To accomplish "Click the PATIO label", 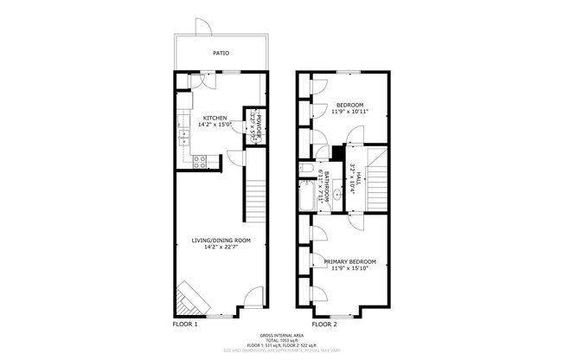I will point(221,52).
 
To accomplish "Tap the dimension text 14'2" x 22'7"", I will point(221,247).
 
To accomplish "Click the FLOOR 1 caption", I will point(186,325).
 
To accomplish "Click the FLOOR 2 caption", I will point(325,325).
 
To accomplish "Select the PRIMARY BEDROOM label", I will point(350,260).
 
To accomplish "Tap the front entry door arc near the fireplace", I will point(247,304).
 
